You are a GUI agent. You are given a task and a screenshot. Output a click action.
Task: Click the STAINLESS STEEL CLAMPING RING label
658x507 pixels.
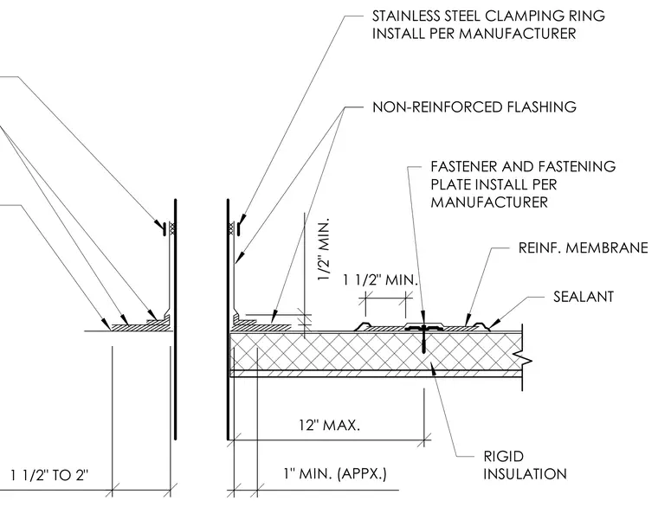tap(488, 16)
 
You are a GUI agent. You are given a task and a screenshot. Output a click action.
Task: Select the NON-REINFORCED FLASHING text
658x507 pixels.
tap(474, 107)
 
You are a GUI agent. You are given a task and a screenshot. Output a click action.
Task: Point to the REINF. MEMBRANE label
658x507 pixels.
tap(584, 247)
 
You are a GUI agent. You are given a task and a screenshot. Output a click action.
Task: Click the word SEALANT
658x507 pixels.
tap(584, 297)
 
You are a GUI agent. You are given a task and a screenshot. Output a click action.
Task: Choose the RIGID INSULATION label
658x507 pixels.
tap(525, 465)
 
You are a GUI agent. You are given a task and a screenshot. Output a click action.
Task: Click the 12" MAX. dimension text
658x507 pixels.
tap(329, 425)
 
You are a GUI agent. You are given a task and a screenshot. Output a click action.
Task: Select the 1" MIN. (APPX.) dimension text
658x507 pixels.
tap(335, 474)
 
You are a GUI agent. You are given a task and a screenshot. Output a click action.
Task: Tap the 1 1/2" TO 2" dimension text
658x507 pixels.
tap(49, 475)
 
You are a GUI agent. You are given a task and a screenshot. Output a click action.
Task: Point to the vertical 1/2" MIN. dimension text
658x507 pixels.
tap(325, 249)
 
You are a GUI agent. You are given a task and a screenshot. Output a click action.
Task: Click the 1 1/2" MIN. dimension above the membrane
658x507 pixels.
tap(381, 279)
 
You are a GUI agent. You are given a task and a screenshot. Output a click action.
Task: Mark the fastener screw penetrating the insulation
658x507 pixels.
tap(424, 338)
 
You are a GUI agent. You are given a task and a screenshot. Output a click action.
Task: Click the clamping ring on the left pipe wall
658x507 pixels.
tap(164, 229)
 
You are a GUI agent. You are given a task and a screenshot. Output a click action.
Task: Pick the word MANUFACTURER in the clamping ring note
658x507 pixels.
tap(518, 34)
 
